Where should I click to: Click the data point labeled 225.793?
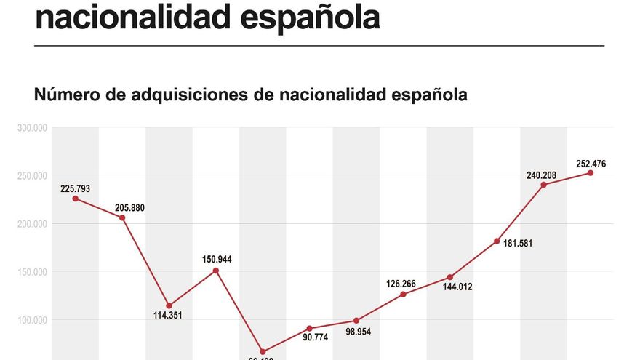click(x=76, y=199)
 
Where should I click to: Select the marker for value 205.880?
click(x=122, y=217)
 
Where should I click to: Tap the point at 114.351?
click(x=169, y=305)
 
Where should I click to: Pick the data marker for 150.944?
click(x=216, y=271)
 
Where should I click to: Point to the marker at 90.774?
click(x=309, y=329)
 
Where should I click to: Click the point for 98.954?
click(x=356, y=321)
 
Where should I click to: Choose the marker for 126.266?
click(x=403, y=294)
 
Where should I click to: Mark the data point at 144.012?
click(x=450, y=277)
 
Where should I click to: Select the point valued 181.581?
click(x=497, y=241)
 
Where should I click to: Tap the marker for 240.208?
click(x=544, y=185)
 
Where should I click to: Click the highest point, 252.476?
click(x=591, y=173)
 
